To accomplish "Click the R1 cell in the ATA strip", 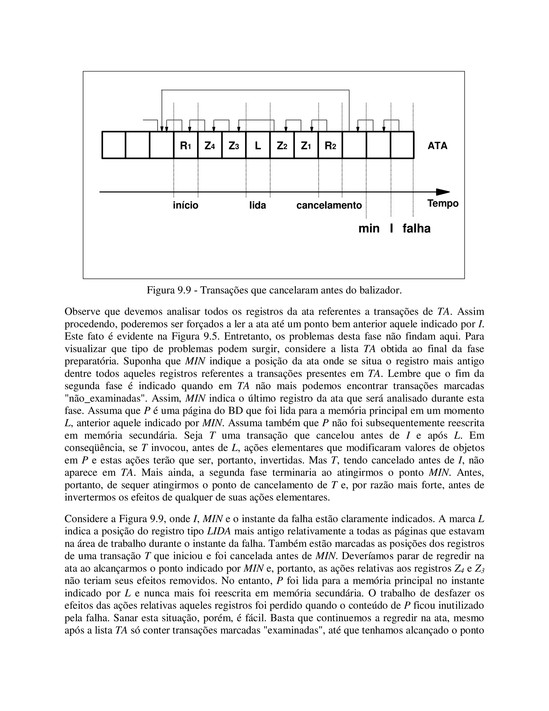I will tap(186, 145).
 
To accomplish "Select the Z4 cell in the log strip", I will tap(210, 145).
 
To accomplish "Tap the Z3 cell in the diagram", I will tap(233, 145).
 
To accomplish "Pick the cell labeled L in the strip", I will tap(258, 145).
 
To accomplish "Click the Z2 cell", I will tap(282, 145).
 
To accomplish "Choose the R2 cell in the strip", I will tap(330, 145).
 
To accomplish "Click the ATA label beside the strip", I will tap(437, 145).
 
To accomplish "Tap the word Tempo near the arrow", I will tap(443, 203).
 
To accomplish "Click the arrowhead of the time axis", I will tap(443, 192).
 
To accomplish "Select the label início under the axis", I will tap(186, 206).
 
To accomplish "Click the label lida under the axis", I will tap(258, 206).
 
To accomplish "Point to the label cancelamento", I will tap(329, 206).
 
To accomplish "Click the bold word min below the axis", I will tap(369, 229).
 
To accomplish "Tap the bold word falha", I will tap(416, 229).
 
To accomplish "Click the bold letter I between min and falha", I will tap(391, 229).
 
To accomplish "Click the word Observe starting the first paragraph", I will tap(83, 311).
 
